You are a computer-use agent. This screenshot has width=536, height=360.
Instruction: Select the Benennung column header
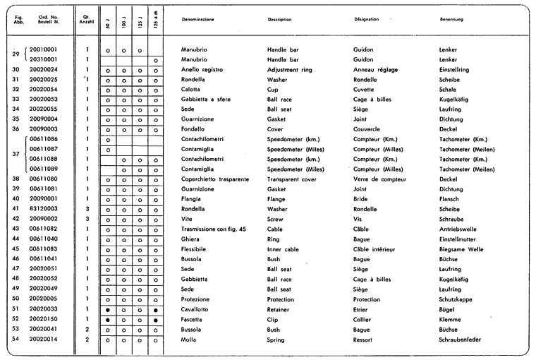point(451,19)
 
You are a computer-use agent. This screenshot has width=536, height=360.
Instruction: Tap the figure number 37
point(15,155)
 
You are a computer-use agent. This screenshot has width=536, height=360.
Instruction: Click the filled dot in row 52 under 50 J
point(107,320)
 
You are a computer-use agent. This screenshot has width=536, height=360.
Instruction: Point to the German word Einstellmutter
point(461,239)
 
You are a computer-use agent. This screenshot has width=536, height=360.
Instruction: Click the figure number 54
point(15,340)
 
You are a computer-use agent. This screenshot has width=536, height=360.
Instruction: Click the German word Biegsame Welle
point(462,249)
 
